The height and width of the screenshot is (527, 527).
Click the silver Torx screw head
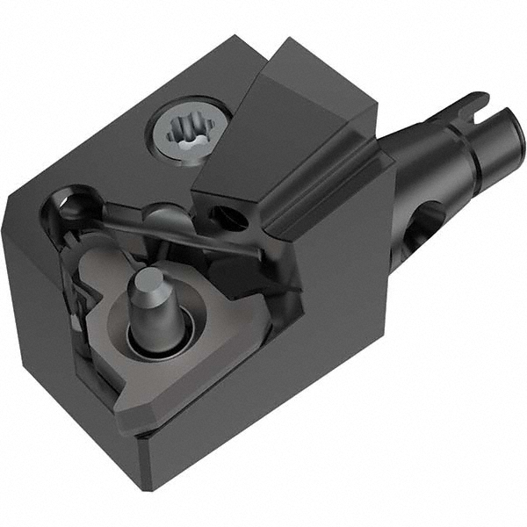click(x=187, y=131)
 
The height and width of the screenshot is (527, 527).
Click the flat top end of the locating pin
click(x=147, y=281)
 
